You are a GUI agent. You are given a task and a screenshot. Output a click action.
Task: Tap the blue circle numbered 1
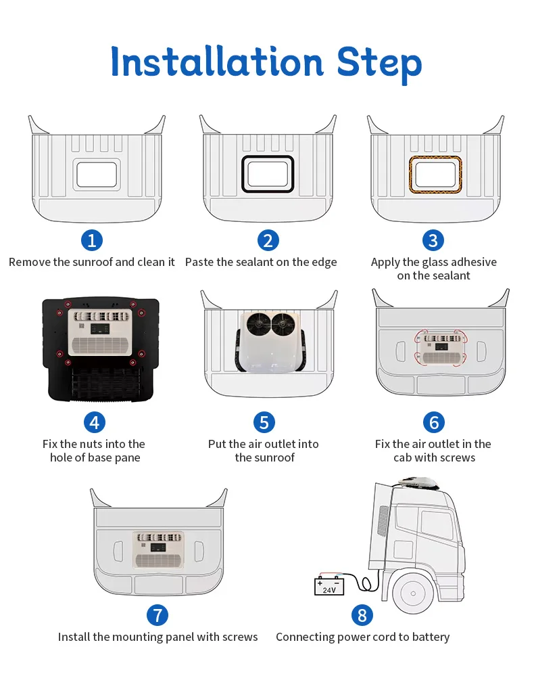92,240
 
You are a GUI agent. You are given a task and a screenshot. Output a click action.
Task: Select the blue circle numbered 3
433,240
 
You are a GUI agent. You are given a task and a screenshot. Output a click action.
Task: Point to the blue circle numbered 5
264,422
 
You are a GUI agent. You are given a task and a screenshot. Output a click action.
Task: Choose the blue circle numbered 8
362,615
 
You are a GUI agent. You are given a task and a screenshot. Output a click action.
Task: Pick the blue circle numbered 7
157,615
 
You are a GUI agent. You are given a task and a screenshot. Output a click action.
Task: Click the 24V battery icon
329,585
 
